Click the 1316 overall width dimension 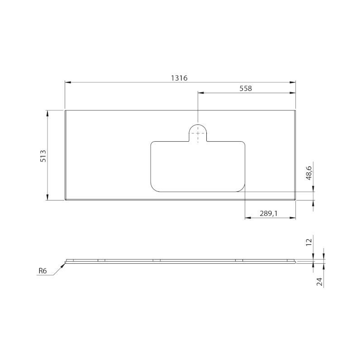[179, 78]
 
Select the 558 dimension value [245, 89]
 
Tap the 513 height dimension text [43, 155]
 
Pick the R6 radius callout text [43, 271]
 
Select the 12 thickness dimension [310, 242]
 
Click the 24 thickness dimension [319, 281]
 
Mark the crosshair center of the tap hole [198, 133]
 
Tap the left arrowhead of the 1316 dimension [67, 82]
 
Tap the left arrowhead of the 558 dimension [200, 93]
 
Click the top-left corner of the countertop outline [65, 110]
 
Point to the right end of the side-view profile [295, 261]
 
